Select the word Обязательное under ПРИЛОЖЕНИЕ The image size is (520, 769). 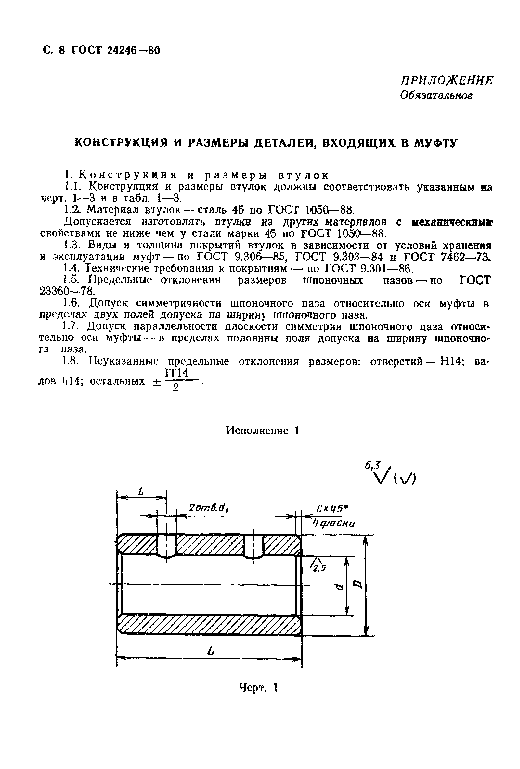click(436, 96)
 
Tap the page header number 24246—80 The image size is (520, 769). click(133, 50)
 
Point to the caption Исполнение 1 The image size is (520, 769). click(263, 431)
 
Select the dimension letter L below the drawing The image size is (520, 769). click(210, 652)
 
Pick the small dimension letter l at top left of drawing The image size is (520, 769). click(141, 492)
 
